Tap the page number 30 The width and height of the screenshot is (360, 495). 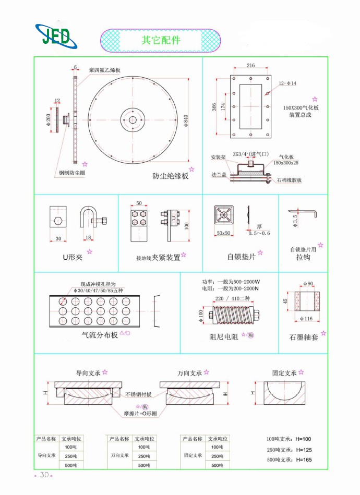pos(44,475)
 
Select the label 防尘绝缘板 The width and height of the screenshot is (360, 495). pos(170,176)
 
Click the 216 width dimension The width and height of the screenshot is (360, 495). pos(250,66)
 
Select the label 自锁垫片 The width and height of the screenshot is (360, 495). pos(241,257)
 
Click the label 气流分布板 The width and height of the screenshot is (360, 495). pos(100,335)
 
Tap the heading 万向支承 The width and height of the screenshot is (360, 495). pos(189,373)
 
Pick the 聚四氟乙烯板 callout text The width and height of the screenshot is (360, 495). pos(104,70)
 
